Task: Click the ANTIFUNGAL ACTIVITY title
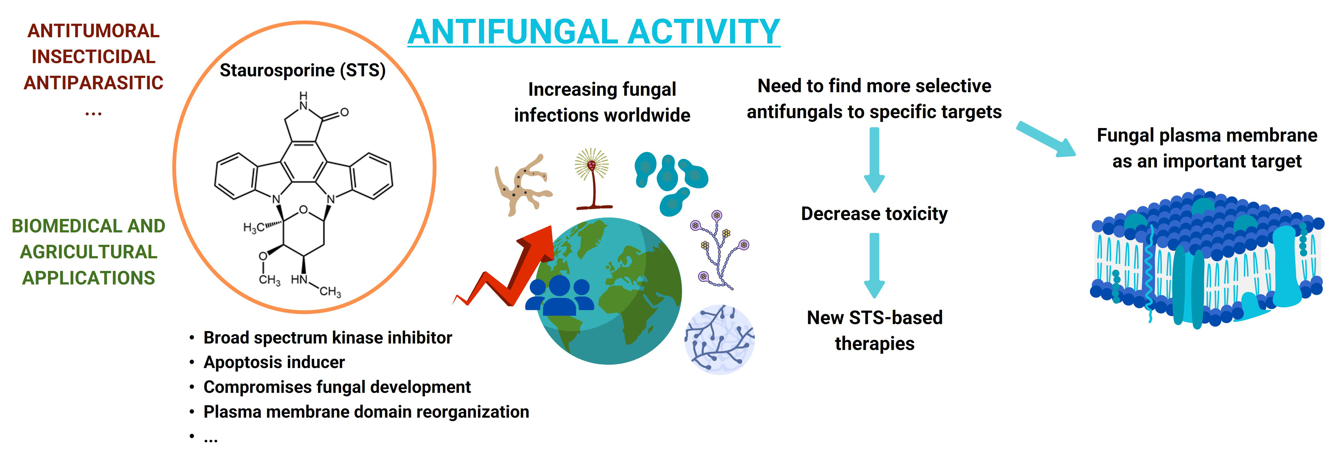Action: [593, 32]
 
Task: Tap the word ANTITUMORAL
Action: [93, 31]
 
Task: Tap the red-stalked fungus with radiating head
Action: [592, 179]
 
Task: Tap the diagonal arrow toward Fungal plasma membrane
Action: [1046, 139]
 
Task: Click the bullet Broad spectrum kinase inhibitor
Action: [327, 337]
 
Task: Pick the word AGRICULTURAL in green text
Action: [89, 252]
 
